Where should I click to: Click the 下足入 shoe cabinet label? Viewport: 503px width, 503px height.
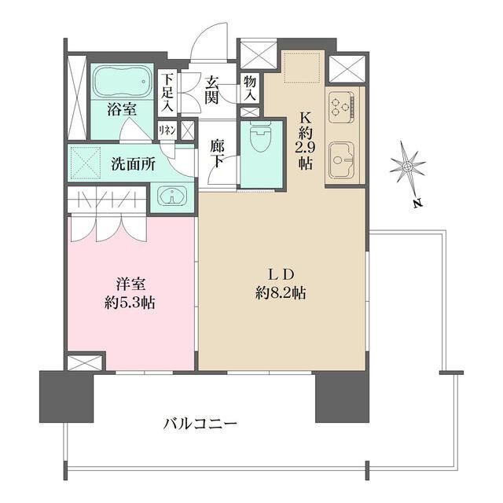point(167,93)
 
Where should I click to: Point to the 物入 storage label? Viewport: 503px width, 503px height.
point(249,86)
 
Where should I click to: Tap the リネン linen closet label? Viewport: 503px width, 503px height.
point(167,130)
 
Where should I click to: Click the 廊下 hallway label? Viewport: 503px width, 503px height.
point(218,152)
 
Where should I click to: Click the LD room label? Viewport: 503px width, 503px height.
point(281,274)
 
